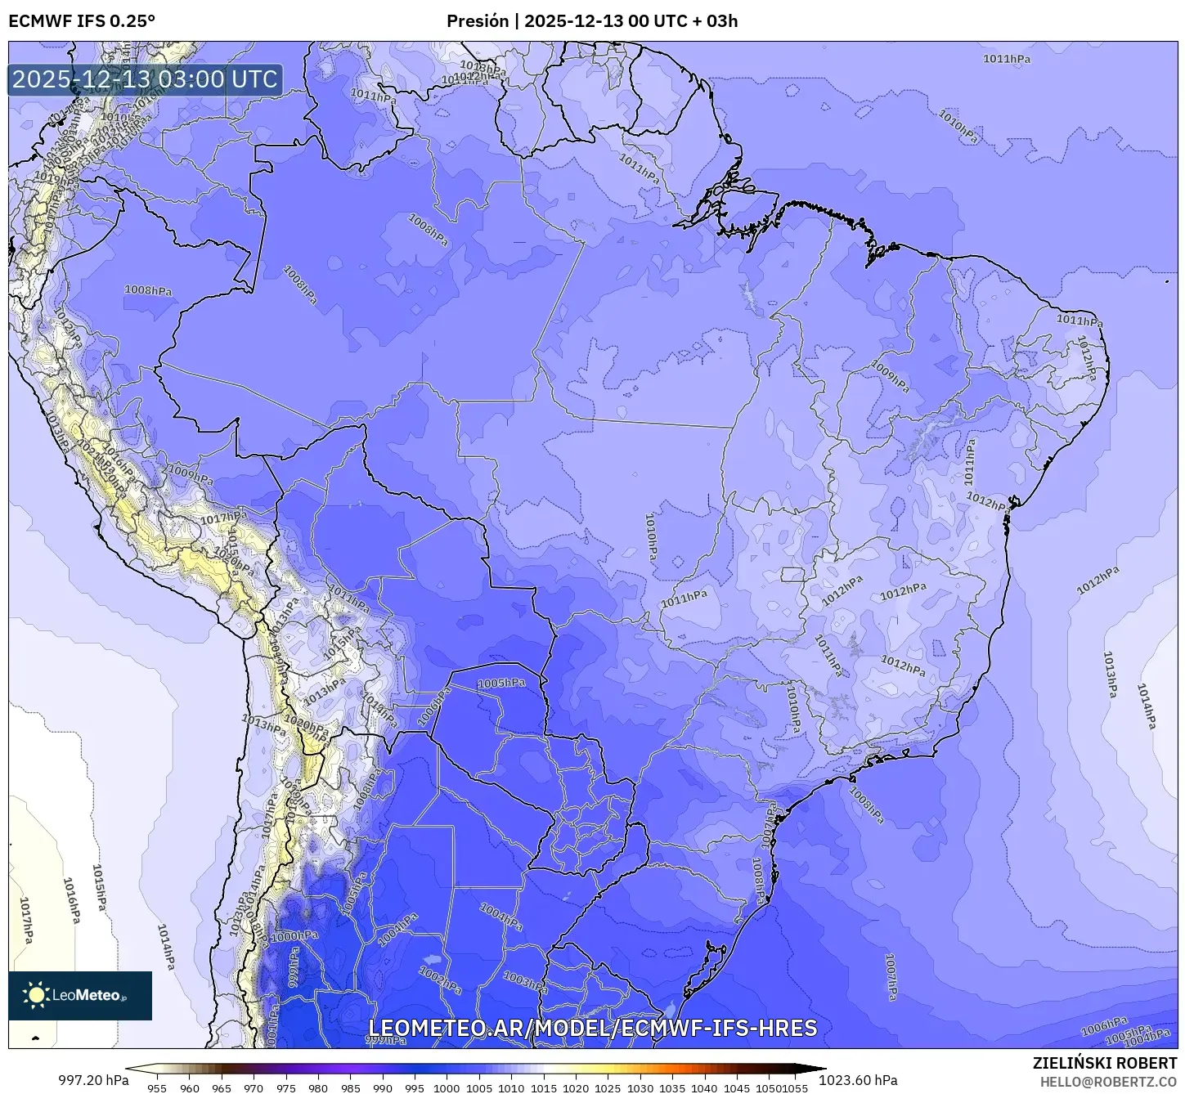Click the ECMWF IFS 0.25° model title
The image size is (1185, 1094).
82,20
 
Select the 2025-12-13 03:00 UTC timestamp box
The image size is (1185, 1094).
146,79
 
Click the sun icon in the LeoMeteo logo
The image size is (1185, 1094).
37,995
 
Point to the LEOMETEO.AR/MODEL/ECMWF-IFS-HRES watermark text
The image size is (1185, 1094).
592,1028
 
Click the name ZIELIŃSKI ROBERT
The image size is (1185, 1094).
1104,1063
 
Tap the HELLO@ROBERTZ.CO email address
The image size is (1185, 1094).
1108,1082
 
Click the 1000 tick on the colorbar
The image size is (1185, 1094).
447,1087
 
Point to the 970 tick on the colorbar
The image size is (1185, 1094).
254,1087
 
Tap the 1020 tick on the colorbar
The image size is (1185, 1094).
576,1087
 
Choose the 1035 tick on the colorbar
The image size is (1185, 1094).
672,1087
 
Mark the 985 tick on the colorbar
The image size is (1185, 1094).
350,1087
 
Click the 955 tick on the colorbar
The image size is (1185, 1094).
157,1087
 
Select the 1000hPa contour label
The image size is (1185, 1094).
295,936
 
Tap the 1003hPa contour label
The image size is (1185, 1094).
525,982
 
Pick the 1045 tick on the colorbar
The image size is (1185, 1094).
737,1087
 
